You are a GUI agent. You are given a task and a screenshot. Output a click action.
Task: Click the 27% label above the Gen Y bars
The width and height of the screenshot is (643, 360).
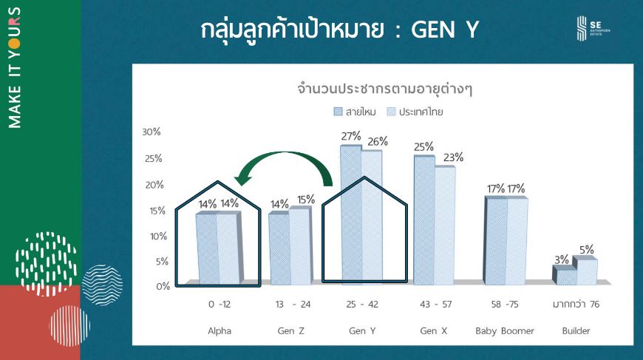(x=351, y=136)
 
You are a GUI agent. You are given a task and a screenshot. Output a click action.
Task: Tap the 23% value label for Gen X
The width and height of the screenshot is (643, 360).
(x=453, y=157)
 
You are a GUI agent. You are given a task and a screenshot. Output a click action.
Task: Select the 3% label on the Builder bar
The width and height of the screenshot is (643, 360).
(x=562, y=259)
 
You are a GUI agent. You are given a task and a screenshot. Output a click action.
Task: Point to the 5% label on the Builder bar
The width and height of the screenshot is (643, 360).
(x=586, y=250)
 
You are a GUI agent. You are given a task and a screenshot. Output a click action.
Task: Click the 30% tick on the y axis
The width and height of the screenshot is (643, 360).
(x=152, y=132)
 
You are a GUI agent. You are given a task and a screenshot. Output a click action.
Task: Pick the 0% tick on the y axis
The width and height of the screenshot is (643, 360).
(x=163, y=286)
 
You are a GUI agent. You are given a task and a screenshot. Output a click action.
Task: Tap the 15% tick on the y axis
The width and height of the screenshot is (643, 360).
(x=157, y=211)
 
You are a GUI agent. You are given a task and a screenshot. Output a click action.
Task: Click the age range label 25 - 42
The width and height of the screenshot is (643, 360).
(x=362, y=305)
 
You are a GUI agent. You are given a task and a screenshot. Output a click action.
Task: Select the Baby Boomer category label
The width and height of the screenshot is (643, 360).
(x=505, y=331)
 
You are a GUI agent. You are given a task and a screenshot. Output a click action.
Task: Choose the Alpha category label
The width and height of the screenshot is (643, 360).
(x=220, y=331)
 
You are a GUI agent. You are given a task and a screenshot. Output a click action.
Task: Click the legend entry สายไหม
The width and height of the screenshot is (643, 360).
(x=355, y=112)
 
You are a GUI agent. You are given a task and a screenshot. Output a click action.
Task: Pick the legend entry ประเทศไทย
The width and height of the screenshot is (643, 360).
(x=415, y=112)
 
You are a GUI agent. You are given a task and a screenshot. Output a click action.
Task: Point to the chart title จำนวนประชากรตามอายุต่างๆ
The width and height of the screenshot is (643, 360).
(x=384, y=89)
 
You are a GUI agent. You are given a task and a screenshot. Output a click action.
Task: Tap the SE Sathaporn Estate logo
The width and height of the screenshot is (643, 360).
(x=593, y=28)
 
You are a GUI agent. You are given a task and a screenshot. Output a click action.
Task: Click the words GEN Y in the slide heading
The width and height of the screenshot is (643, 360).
(x=445, y=30)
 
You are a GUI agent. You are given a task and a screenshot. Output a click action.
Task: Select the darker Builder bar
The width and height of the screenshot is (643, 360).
(x=564, y=275)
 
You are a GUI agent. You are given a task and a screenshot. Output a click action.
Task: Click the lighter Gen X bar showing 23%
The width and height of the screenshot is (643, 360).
(x=445, y=225)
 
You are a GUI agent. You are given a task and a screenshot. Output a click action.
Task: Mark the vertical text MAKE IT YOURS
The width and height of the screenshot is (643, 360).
(x=14, y=68)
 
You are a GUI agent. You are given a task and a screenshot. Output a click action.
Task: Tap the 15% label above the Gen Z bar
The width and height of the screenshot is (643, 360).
(x=306, y=200)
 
